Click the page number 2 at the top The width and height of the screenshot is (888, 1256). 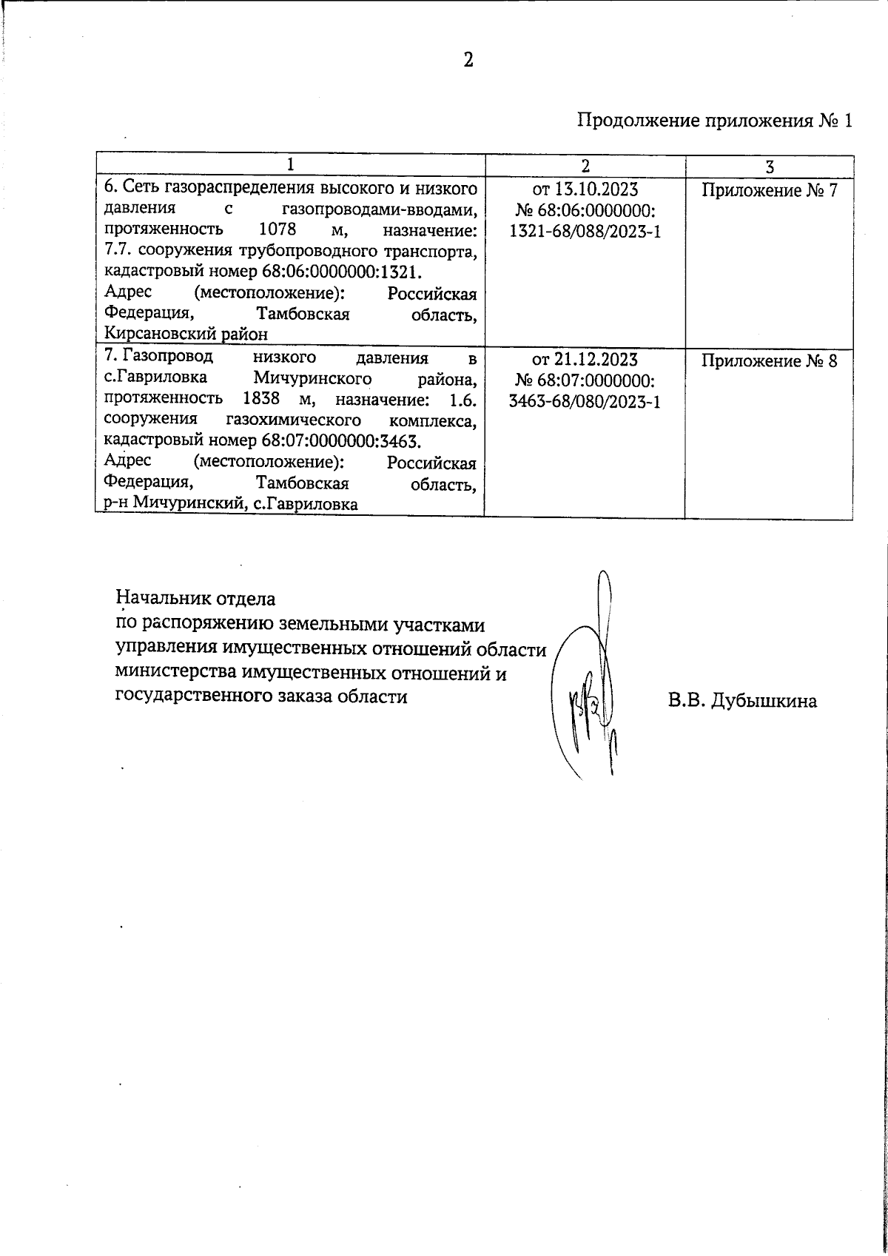click(468, 60)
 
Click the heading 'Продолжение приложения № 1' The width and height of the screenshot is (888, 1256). click(715, 121)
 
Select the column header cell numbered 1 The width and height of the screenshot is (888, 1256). click(290, 165)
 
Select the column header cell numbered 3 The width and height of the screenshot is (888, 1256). click(770, 166)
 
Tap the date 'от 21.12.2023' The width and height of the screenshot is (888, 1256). click(585, 360)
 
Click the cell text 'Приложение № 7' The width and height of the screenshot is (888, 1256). click(769, 191)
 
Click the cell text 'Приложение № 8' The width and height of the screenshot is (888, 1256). click(769, 361)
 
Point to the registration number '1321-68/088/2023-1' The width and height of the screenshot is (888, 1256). click(585, 232)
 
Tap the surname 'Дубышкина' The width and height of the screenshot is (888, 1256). click(764, 701)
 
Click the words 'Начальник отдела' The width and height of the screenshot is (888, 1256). click(196, 597)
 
